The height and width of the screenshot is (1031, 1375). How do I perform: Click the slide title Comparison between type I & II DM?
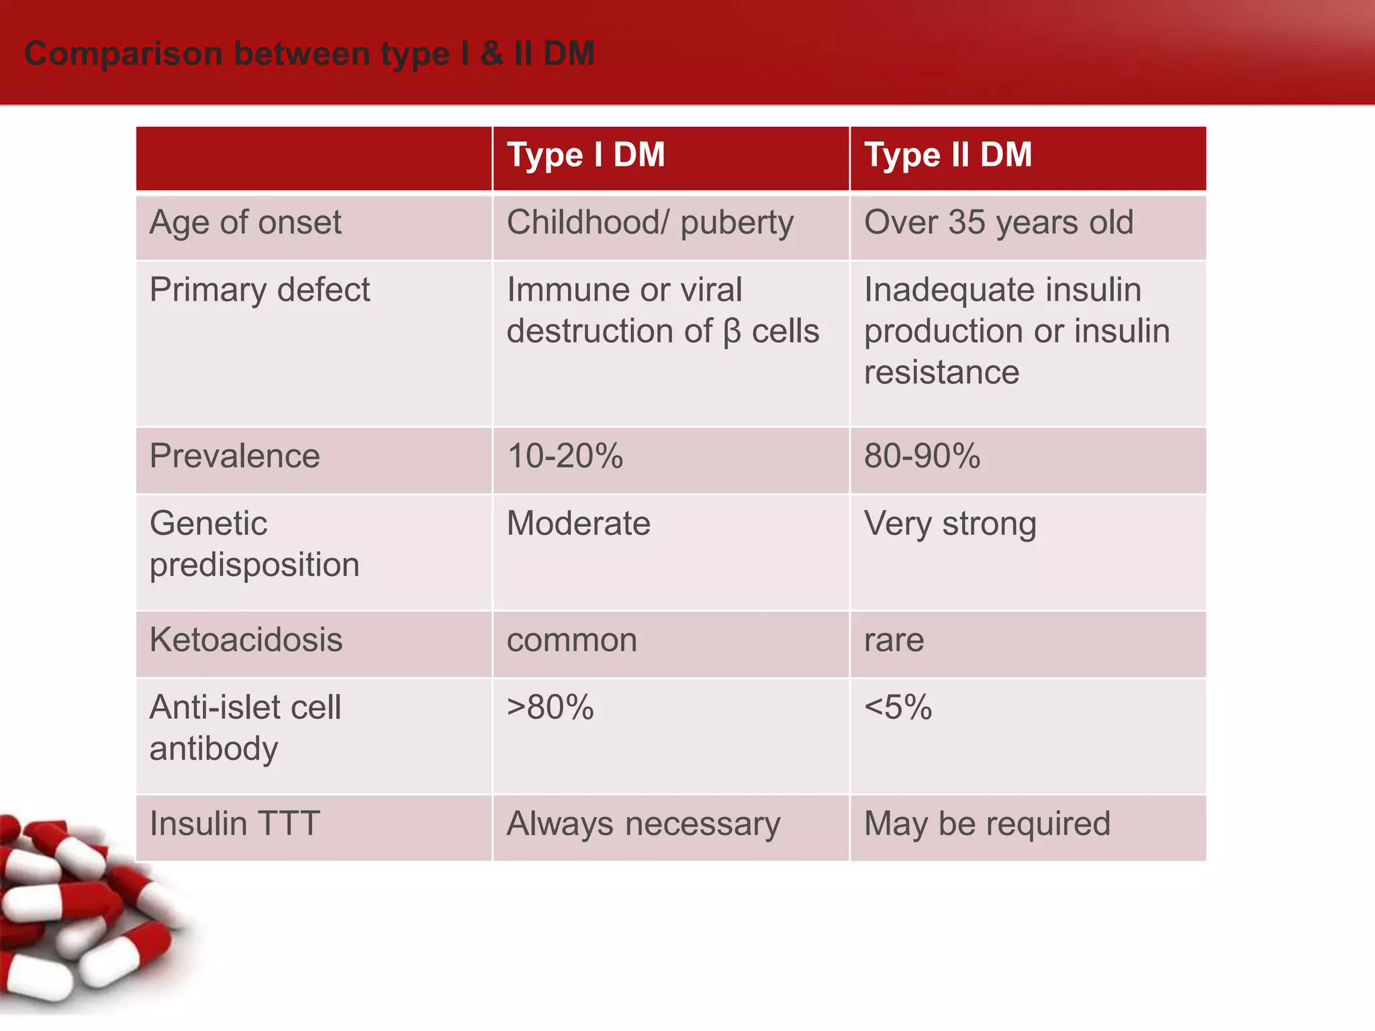pyautogui.click(x=309, y=54)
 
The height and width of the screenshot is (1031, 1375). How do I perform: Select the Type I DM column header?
pyautogui.click(x=585, y=155)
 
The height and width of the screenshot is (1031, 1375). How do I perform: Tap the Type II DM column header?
pyautogui.click(x=947, y=155)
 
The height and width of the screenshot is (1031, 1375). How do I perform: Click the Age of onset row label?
pyautogui.click(x=245, y=223)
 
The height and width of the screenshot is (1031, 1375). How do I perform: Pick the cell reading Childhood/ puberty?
pyautogui.click(x=650, y=223)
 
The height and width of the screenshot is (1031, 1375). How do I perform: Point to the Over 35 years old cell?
pyautogui.click(x=998, y=223)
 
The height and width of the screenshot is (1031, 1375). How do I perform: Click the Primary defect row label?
pyautogui.click(x=259, y=290)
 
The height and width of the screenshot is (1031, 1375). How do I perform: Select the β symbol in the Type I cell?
pyautogui.click(x=732, y=332)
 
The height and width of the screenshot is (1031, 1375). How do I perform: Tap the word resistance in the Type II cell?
pyautogui.click(x=941, y=373)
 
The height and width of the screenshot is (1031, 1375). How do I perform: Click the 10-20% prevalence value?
pyautogui.click(x=565, y=456)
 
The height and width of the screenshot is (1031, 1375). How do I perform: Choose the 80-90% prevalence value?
pyautogui.click(x=922, y=456)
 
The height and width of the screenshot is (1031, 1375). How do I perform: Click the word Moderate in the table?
pyautogui.click(x=578, y=524)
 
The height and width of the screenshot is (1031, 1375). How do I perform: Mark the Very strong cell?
pyautogui.click(x=950, y=524)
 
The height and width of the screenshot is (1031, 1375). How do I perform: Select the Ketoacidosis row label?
pyautogui.click(x=246, y=640)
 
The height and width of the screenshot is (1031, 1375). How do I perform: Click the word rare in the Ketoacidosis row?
pyautogui.click(x=894, y=640)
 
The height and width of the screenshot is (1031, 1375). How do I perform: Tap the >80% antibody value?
pyautogui.click(x=550, y=707)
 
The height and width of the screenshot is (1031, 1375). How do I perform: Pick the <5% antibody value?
pyautogui.click(x=898, y=707)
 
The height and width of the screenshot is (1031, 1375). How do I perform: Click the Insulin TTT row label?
pyautogui.click(x=234, y=824)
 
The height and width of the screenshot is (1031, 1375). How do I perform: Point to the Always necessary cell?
pyautogui.click(x=643, y=824)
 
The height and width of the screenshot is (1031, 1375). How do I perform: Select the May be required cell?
pyautogui.click(x=987, y=824)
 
